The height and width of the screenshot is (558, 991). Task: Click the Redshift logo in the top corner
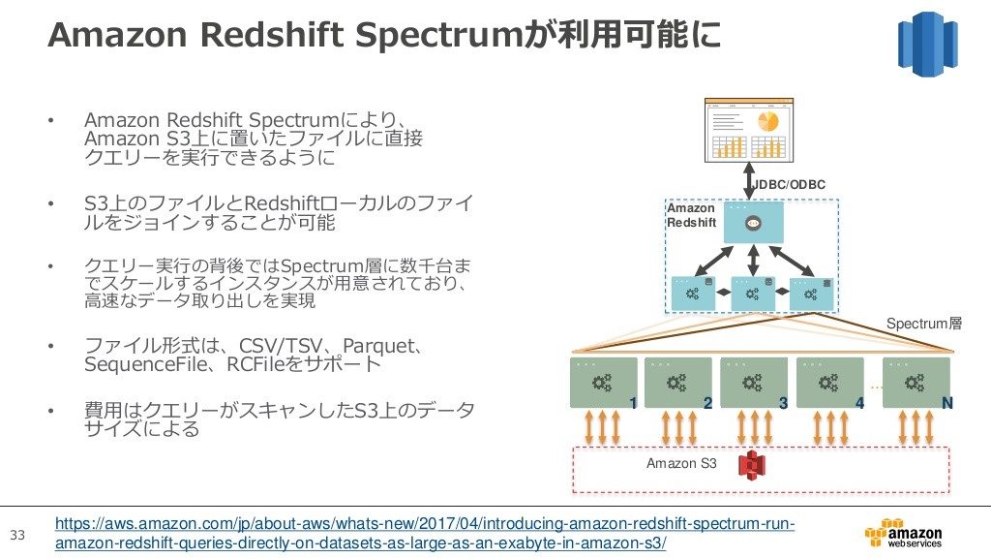927,45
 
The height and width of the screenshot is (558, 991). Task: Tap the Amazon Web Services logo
903,534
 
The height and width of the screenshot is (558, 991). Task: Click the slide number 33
17,535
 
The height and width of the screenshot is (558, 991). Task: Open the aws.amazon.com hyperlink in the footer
425,534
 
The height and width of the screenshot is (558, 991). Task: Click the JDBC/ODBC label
790,185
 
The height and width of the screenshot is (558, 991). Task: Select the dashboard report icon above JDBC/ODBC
749,131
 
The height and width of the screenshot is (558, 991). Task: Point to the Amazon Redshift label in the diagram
691,215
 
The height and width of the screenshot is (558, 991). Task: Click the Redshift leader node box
753,223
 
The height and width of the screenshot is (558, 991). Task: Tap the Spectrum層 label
924,324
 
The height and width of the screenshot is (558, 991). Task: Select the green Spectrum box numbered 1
604,383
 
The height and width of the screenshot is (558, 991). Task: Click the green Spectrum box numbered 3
754,383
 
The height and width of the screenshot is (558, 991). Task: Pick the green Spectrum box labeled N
916,383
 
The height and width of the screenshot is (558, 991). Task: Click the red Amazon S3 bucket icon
751,466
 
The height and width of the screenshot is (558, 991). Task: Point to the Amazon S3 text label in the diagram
681,463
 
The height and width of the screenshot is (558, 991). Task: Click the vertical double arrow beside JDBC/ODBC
749,181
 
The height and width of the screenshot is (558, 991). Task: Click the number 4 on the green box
859,403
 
